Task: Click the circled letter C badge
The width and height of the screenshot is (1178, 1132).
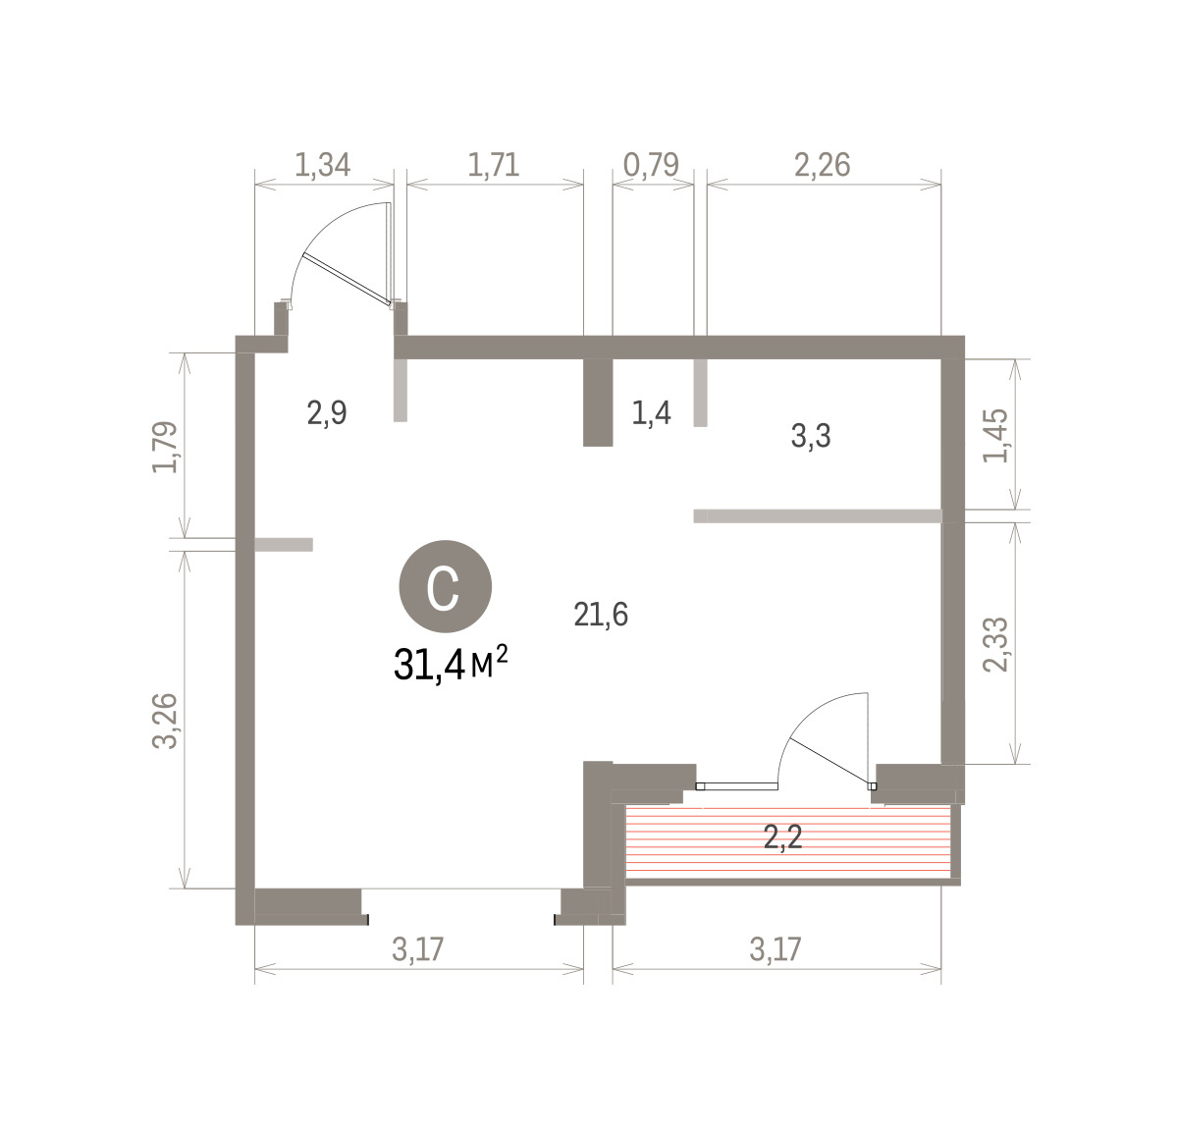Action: [445, 586]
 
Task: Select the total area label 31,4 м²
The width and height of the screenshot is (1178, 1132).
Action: [451, 663]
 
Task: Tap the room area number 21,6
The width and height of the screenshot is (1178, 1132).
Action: [601, 615]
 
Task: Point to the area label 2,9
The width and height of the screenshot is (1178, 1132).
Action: [327, 414]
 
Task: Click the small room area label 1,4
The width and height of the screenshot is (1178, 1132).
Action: [651, 414]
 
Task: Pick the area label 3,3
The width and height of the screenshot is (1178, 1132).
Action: [811, 436]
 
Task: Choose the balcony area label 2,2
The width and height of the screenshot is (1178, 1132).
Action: [782, 837]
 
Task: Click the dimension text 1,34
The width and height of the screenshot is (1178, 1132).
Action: [322, 165]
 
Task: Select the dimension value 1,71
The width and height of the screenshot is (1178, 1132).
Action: [494, 165]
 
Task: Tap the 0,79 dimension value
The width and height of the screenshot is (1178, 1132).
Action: [651, 165]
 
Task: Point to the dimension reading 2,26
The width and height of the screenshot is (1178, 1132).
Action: [822, 165]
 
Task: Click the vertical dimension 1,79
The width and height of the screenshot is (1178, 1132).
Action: [165, 447]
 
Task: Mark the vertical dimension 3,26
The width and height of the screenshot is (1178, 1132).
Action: [165, 721]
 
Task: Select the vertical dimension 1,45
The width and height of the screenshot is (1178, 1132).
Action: [995, 436]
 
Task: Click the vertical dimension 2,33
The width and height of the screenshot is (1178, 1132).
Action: [995, 644]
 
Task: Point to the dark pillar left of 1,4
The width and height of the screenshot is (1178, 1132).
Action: [598, 403]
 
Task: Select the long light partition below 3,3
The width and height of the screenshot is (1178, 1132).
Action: [818, 515]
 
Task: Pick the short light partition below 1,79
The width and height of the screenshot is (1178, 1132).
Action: [284, 545]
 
